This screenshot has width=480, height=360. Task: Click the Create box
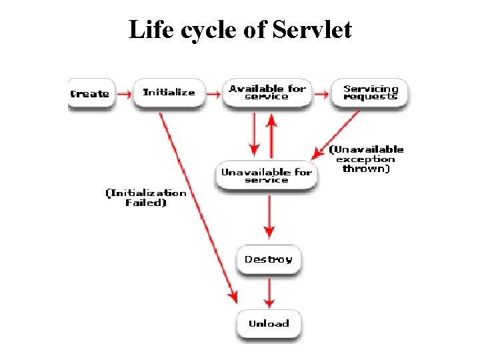point(90,94)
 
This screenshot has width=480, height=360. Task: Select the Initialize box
point(169,93)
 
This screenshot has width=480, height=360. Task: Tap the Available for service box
point(267,93)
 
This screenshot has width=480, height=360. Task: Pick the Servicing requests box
point(371,93)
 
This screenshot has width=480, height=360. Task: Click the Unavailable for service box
point(267,176)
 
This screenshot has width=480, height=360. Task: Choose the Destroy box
point(269,259)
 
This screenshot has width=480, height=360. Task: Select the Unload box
point(269,324)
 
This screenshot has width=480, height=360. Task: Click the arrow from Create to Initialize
point(124,95)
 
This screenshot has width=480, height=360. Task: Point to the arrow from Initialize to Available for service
point(213,95)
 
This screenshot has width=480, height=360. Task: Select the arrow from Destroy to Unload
point(269,292)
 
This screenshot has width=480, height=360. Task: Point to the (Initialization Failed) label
point(146,198)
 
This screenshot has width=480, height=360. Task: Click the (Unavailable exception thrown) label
point(366,159)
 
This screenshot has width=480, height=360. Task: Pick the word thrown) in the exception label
point(366,169)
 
